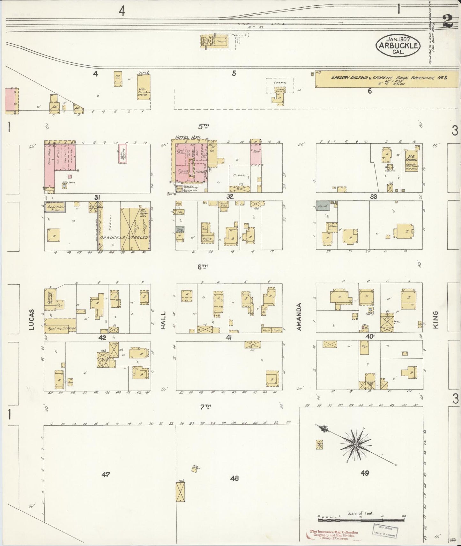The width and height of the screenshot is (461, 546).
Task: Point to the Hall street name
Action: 164,320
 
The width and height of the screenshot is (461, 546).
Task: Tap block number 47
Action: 106,475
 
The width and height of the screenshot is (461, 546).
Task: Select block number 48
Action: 234,478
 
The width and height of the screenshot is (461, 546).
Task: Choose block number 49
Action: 365,473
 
